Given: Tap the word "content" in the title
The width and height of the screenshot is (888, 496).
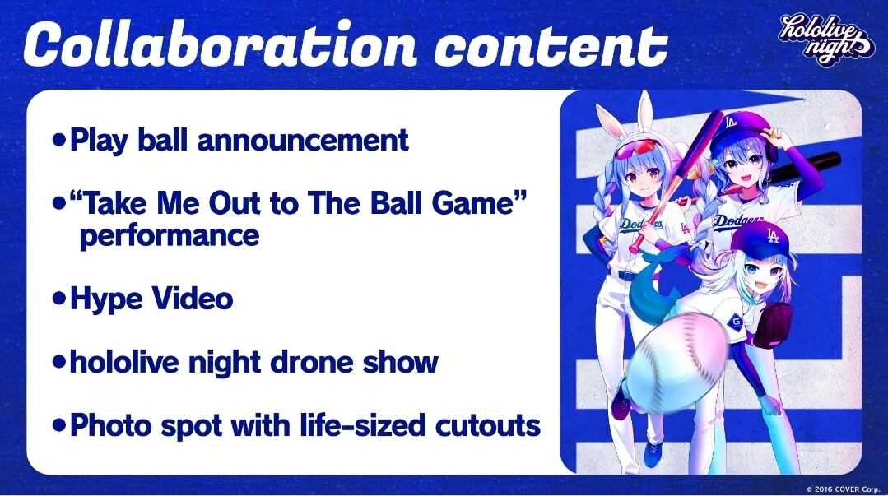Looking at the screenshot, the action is [x=551, y=46].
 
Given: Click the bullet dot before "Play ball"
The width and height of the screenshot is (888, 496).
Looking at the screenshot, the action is [x=59, y=139].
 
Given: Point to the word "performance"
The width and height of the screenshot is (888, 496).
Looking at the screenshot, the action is [x=170, y=235].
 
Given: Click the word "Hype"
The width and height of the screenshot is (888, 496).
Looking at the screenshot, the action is [x=105, y=299].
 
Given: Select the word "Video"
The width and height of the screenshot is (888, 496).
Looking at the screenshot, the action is [x=192, y=298].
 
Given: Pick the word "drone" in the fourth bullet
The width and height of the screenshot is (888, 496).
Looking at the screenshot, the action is [x=311, y=362].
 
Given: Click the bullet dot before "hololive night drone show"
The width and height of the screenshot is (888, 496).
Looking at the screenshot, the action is [x=59, y=362].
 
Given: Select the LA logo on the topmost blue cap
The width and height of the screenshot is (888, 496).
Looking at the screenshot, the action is [x=731, y=121].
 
